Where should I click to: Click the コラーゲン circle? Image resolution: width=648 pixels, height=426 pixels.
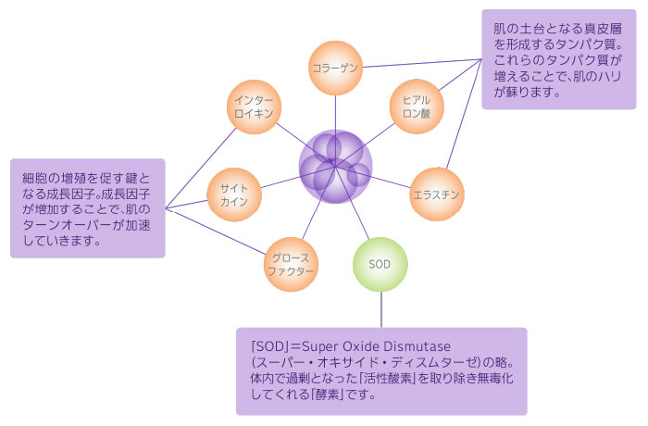click(335, 68)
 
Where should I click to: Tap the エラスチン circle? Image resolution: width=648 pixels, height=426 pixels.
click(436, 194)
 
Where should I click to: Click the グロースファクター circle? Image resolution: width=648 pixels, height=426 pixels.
click(292, 264)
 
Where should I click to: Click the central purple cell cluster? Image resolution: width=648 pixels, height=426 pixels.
click(335, 167)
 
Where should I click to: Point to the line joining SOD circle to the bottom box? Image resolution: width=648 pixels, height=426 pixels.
click(380, 309)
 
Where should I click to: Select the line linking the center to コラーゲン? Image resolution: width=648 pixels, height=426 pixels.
click(335, 113)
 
